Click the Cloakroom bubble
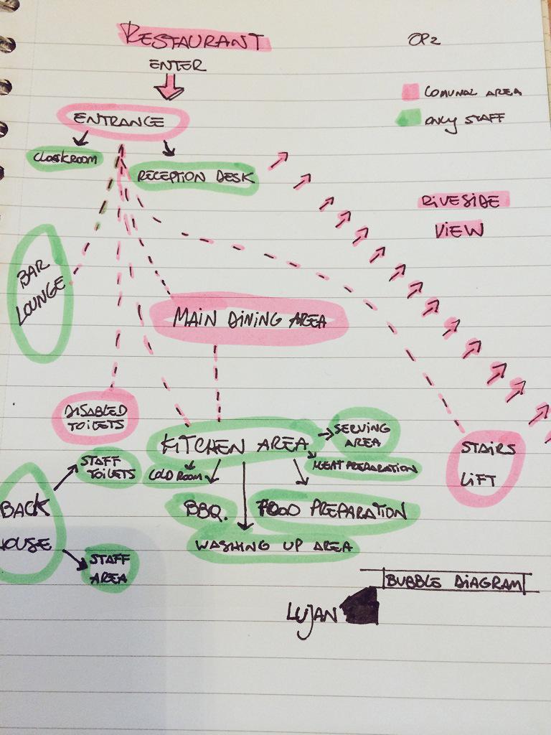tap(65, 159)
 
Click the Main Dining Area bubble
tap(249, 319)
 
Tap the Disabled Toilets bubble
tap(94, 416)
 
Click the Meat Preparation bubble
tap(363, 468)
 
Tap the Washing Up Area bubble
tap(273, 546)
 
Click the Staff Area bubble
tap(109, 568)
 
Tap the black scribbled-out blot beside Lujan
tap(361, 607)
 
